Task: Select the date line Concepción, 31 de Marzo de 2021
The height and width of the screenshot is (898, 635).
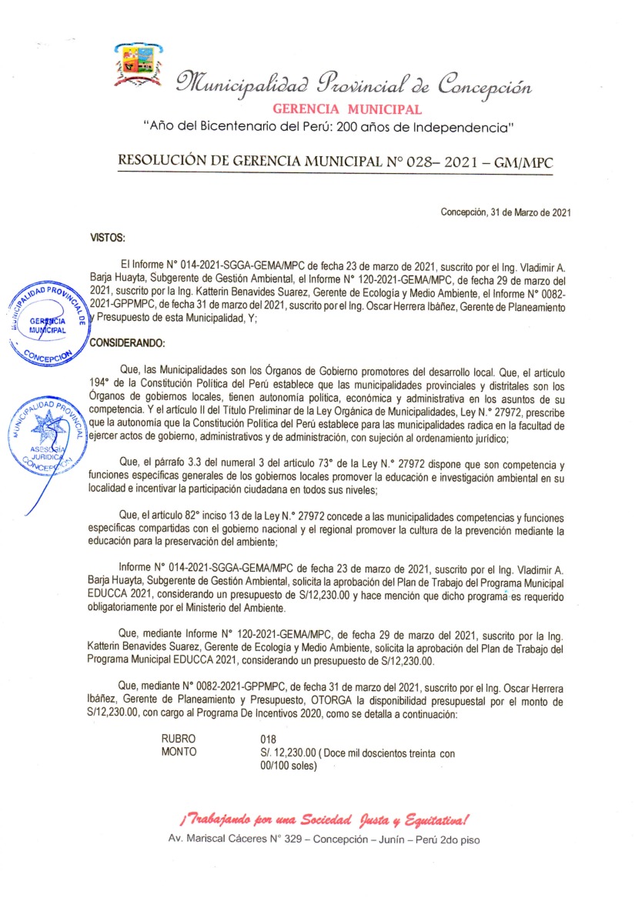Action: [505, 212]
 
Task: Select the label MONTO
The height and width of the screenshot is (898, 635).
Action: [179, 752]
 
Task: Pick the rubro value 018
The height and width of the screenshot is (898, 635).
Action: [269, 738]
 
